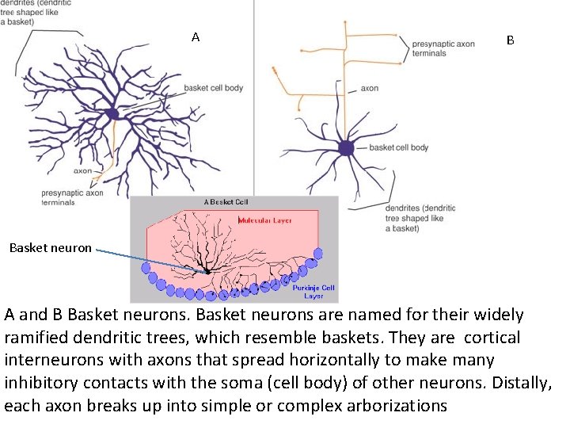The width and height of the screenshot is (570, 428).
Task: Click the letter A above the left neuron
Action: pos(196,36)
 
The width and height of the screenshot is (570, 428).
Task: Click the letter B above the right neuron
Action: pos(511,40)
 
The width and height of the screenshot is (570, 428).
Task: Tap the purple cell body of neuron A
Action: pos(112,114)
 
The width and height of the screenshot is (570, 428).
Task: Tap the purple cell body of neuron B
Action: pos(346,147)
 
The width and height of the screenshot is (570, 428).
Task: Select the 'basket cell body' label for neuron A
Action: pos(213,88)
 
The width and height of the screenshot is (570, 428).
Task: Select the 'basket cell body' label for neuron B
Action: pos(399,147)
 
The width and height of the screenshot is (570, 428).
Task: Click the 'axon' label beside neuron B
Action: pos(370,89)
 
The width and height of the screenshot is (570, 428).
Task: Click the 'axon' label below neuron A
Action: pos(82,170)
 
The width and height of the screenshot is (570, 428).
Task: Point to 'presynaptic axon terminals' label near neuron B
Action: pos(443,48)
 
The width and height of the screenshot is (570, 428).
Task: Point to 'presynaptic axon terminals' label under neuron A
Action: pos(72,197)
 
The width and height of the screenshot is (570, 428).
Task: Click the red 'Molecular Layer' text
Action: pos(265,220)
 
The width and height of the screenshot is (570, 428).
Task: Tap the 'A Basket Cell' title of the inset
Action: pos(226,202)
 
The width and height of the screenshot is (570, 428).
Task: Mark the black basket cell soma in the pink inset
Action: pos(207,271)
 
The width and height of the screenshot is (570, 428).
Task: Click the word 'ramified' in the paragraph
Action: pos(44,338)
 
